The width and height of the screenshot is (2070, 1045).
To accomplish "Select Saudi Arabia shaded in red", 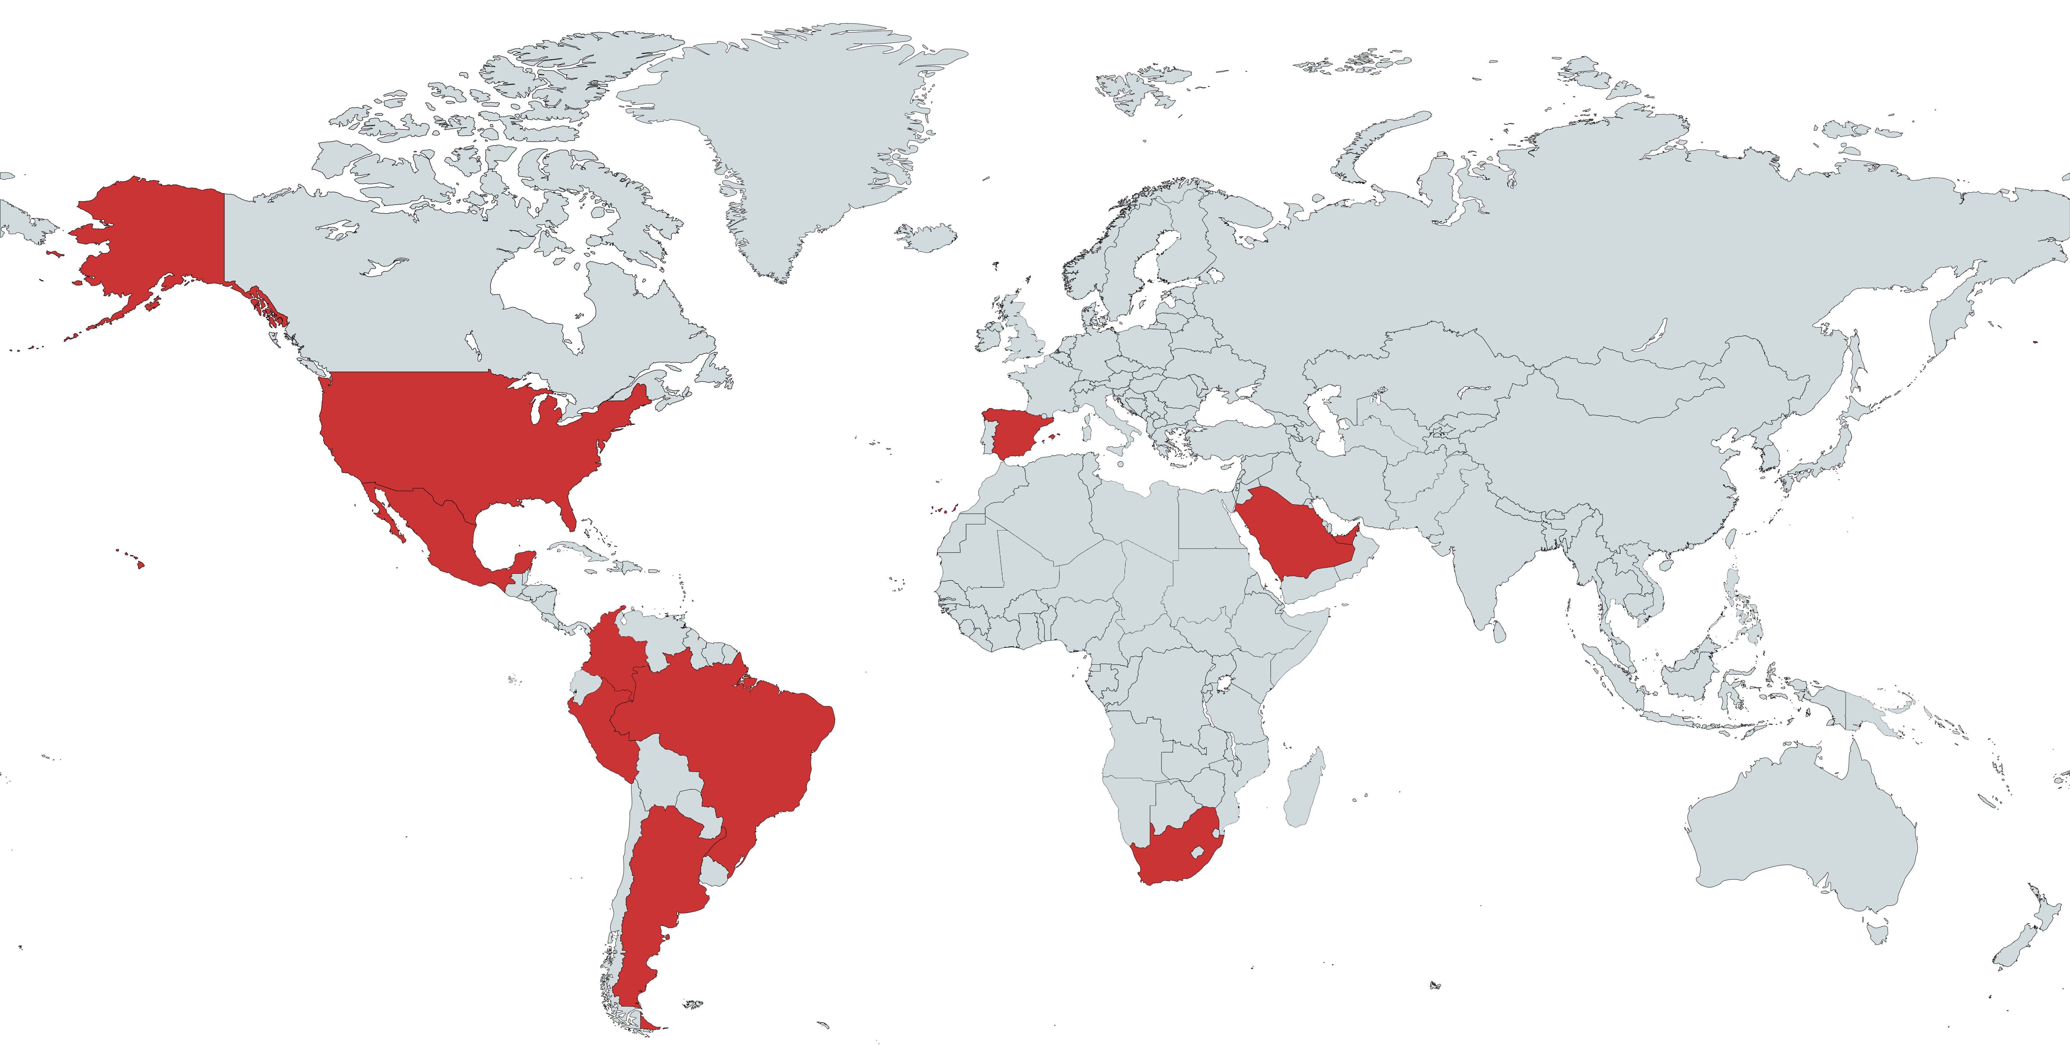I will pos(1294,534).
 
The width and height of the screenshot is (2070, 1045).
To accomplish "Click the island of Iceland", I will pos(928,237).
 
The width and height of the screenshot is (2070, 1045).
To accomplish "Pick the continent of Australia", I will pos(1800,835).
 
